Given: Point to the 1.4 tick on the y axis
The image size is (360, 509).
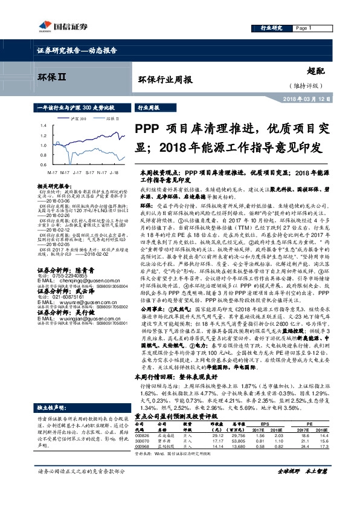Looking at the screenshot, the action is click(x=43, y=125).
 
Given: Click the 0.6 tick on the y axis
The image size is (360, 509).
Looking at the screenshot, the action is click(x=43, y=164).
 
